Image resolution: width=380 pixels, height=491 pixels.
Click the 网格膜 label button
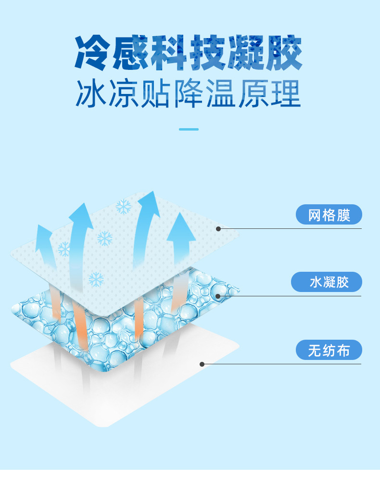coord(329,214)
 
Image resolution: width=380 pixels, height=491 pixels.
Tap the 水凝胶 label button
coord(329,282)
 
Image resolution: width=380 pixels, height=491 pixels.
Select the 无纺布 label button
coord(329,350)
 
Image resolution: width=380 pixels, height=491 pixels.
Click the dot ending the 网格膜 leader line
coord(218,228)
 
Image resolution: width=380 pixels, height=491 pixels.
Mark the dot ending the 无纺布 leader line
coord(202,364)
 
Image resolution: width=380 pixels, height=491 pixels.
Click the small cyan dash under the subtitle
coord(189,129)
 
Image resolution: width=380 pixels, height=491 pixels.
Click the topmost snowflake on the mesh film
coord(124,207)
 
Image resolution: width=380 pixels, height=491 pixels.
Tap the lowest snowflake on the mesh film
coord(96,279)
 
